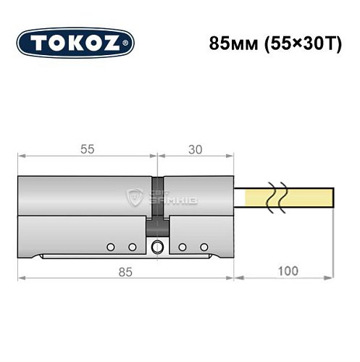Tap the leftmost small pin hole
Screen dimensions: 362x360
click(x=109, y=248)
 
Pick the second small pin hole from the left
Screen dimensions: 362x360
click(x=132, y=248)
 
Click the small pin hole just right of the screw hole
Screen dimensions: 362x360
click(x=182, y=248)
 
